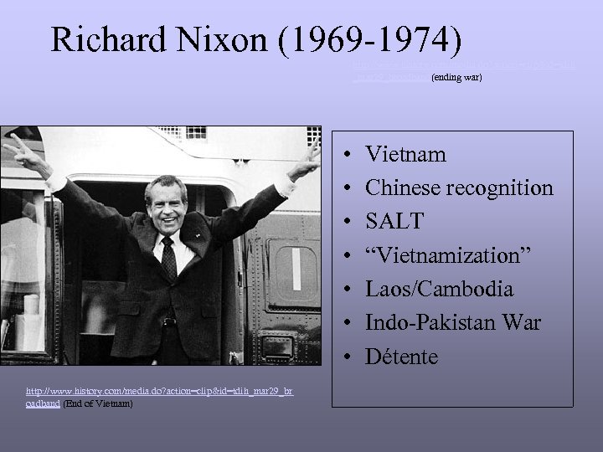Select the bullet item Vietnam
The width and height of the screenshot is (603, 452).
pos(406,155)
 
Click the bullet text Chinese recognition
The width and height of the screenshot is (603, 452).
pos(460,188)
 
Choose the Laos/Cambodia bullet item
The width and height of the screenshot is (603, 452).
pos(440,289)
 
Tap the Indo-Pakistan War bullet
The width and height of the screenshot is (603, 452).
pos(453,322)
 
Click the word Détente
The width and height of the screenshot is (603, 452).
pos(402,356)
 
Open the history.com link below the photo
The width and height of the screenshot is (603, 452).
pos(159,392)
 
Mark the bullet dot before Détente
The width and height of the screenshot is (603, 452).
pos(348,357)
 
